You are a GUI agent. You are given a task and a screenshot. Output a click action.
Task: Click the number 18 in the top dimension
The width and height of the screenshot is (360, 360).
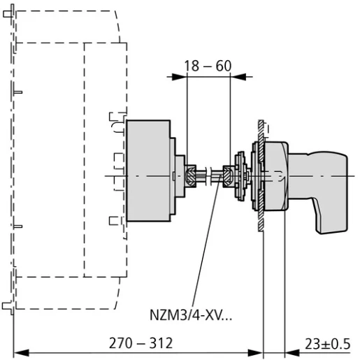(192, 66)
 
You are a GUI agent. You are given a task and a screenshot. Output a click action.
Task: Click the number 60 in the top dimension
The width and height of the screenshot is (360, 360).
(224, 66)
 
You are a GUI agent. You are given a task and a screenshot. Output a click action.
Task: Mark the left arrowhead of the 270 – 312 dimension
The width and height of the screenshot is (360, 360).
(18, 352)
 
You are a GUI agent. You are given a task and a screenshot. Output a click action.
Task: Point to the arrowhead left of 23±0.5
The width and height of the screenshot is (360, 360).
(284, 352)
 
